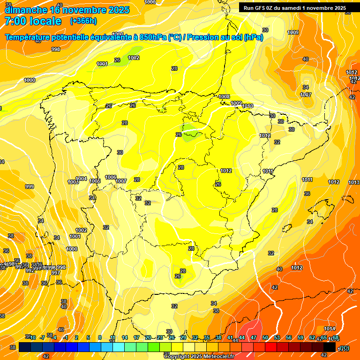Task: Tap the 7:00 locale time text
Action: [33, 21]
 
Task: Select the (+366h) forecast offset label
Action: [83, 21]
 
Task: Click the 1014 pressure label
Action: [330, 329]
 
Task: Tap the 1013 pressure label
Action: [354, 182]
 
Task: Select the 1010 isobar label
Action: [247, 106]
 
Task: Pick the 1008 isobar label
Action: [225, 97]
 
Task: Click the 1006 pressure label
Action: [111, 177]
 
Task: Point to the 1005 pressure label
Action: [95, 181]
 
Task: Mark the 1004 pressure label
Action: [82, 179]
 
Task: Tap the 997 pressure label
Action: [55, 273]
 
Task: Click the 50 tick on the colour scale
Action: [265, 337]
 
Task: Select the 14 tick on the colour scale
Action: [124, 337]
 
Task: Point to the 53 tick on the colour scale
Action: [277, 337]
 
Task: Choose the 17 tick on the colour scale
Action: [136, 337]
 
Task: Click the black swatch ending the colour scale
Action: [330, 347]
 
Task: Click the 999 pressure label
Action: [30, 187]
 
